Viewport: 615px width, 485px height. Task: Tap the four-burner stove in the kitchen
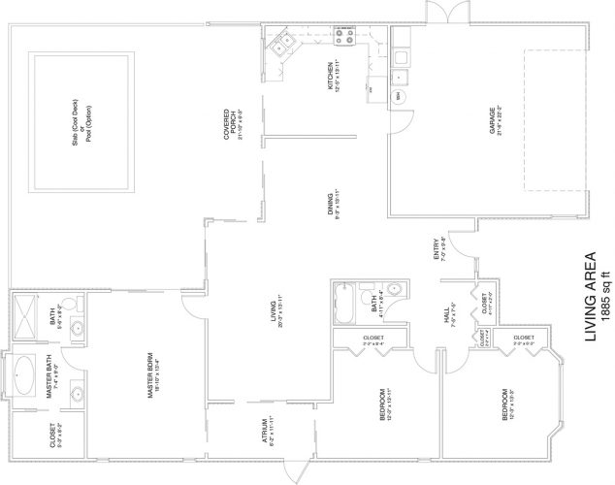pos(344,38)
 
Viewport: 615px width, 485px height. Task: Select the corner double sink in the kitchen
pos(280,43)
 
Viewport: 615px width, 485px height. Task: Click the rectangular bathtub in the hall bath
pos(344,307)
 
